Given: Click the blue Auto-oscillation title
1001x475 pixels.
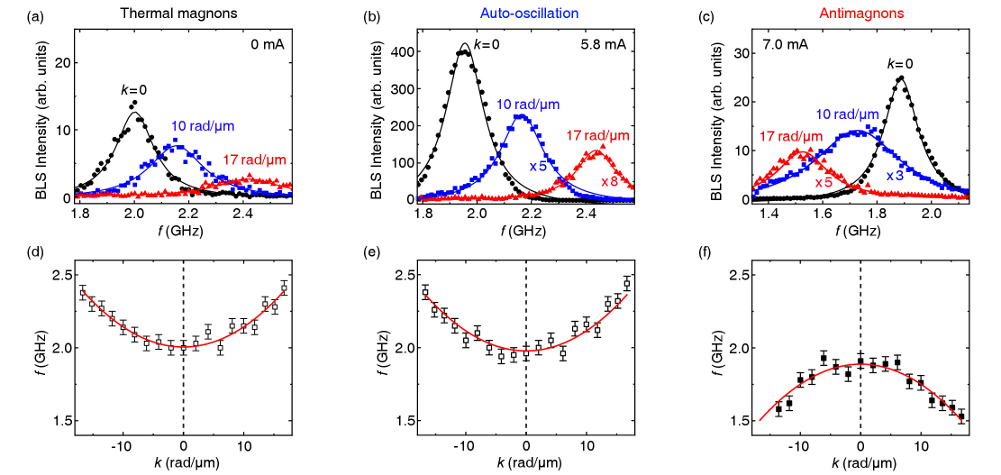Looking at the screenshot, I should coord(528,14).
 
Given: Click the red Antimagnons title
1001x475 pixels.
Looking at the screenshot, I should coord(861,14).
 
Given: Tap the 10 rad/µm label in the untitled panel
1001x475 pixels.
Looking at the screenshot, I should coord(203,126).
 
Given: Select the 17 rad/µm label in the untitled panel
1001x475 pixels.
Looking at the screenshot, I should coord(254,160).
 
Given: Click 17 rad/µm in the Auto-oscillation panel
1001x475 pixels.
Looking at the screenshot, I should coord(597,136).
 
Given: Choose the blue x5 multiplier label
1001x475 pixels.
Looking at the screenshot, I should coord(538,167).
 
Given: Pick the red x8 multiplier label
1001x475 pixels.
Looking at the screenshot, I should coord(609,181).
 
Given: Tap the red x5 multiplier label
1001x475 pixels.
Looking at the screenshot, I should coord(824,183).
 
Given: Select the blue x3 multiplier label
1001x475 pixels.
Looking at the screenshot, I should coord(894,176).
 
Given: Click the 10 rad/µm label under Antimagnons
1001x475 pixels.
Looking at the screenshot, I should coord(847,114).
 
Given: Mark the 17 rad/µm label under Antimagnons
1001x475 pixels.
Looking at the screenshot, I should coord(791,137).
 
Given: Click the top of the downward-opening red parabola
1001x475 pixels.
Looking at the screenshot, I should coord(861,364).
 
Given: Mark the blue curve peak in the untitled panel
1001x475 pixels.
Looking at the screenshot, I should coord(177,146).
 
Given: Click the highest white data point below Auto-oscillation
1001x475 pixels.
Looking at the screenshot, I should coord(627,284).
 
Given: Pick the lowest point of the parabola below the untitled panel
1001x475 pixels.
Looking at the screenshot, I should coord(184,347).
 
